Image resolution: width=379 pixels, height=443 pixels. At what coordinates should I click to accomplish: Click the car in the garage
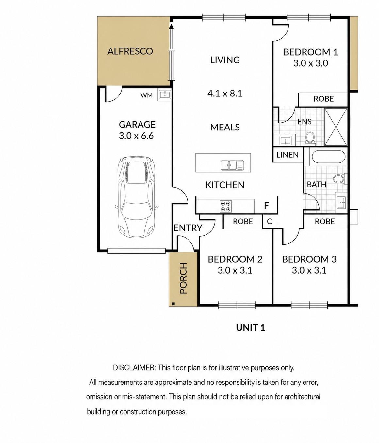pyautogui.click(x=136, y=197)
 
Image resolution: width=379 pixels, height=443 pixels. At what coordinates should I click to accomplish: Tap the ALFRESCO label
pyautogui.click(x=130, y=51)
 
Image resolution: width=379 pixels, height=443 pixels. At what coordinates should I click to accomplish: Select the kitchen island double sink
pyautogui.click(x=232, y=165)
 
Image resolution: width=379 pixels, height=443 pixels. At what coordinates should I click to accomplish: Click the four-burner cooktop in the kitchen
pyautogui.click(x=225, y=206)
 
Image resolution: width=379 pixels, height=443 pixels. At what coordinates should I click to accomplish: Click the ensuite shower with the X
pyautogui.click(x=336, y=127)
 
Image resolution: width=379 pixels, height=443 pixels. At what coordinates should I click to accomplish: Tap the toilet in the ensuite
pyautogui.click(x=310, y=138)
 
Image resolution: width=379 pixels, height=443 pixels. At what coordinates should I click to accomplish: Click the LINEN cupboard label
pyautogui.click(x=287, y=155)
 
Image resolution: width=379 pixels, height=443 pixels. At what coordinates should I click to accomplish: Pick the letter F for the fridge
pyautogui.click(x=266, y=205)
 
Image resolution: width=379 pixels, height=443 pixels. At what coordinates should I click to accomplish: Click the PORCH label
pyautogui.click(x=183, y=278)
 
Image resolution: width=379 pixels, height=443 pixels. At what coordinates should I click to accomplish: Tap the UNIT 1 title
pyautogui.click(x=251, y=328)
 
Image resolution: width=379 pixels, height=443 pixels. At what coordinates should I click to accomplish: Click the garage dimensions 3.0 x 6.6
pyautogui.click(x=136, y=136)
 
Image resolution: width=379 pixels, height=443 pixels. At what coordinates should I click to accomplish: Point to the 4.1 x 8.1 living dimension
pyautogui.click(x=225, y=94)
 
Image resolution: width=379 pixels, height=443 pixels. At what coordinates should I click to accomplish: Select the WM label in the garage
pyautogui.click(x=147, y=95)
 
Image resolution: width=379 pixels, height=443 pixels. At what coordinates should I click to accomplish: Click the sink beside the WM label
pyautogui.click(x=165, y=94)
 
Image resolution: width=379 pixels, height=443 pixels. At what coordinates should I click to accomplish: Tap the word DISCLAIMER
pyautogui.click(x=134, y=368)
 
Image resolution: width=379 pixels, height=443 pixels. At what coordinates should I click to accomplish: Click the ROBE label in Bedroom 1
pyautogui.click(x=323, y=99)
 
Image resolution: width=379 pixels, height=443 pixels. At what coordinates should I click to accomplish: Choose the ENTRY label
pyautogui.click(x=188, y=228)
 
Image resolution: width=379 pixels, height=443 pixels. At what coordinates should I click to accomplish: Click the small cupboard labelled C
pyautogui.click(x=269, y=221)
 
